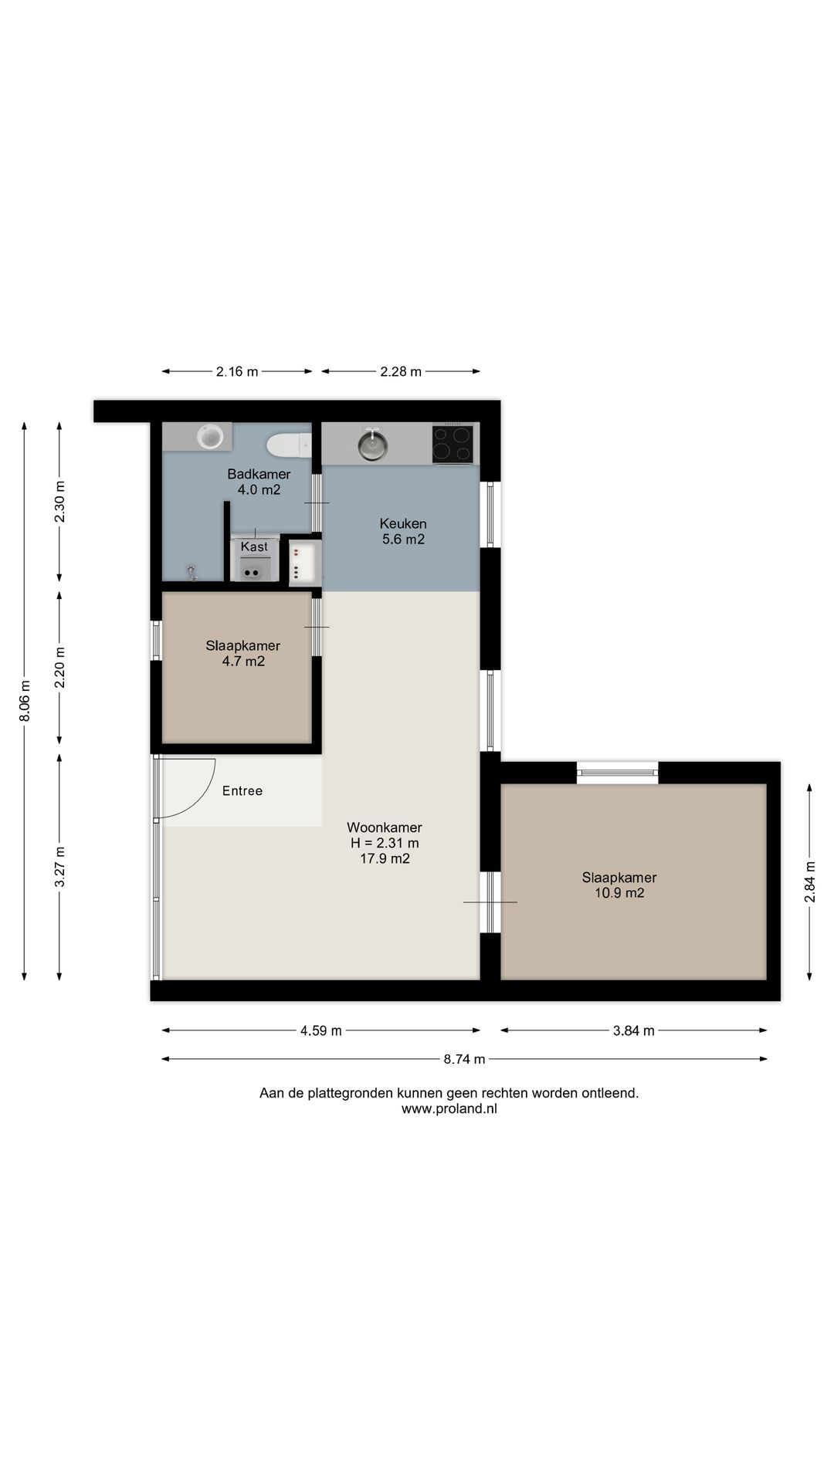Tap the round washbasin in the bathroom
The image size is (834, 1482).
209,436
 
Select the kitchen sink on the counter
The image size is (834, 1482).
373,445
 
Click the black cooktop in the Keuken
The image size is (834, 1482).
453,444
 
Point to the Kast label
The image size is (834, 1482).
254,546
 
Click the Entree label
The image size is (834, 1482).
242,790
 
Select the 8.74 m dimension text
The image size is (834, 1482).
464,1059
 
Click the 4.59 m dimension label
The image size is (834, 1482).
320,1030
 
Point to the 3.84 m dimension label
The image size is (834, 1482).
633,1030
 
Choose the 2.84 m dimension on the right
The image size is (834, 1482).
809,881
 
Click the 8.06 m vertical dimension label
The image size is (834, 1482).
25,702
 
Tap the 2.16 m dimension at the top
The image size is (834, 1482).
237,371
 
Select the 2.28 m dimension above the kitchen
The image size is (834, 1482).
401,371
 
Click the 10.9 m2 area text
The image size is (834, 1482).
619,893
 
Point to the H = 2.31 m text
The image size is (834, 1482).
385,843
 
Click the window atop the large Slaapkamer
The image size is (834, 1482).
618,773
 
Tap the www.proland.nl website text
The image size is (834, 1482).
449,1108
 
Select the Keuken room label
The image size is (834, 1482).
403,523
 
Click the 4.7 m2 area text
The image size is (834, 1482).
243,661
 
